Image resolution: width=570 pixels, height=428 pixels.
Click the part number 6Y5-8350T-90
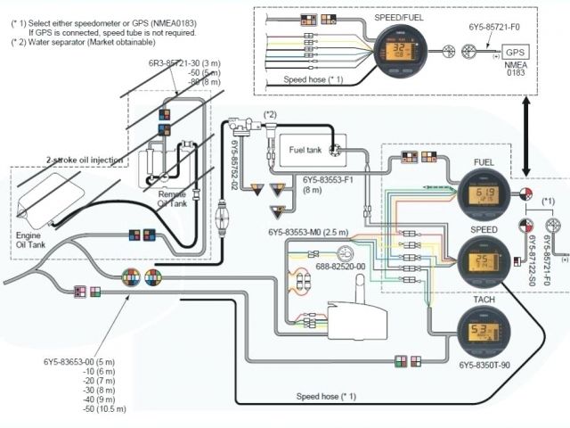pos(486,366)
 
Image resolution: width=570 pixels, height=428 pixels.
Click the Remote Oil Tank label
pos(172,197)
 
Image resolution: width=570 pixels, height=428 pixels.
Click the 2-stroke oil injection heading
pos(85,160)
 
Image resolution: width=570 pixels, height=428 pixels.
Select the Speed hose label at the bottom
pos(326,395)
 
